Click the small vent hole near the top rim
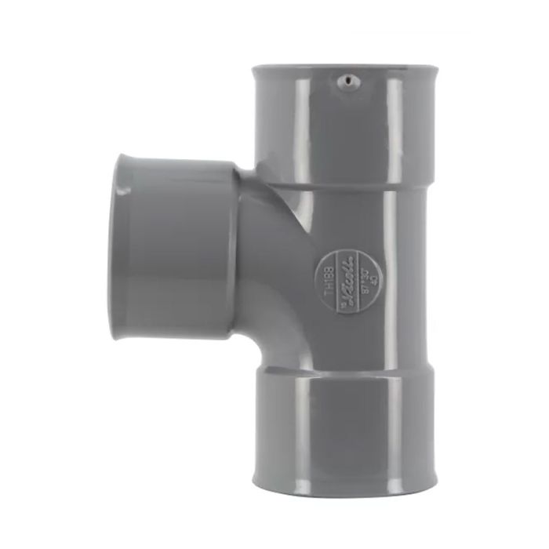(x=343, y=80)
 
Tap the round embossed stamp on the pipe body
(x=342, y=282)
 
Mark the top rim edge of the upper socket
(x=343, y=68)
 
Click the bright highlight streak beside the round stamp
(x=388, y=282)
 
